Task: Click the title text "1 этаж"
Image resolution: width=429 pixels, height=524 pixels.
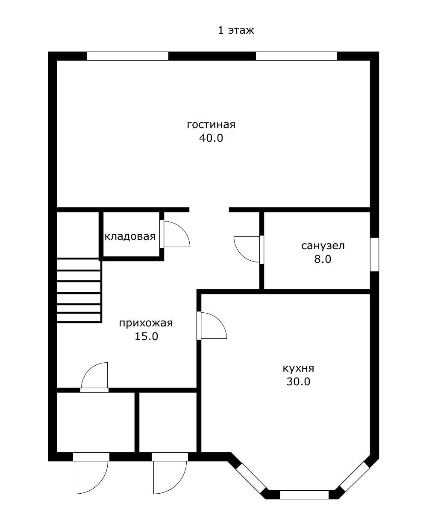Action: pyautogui.click(x=236, y=30)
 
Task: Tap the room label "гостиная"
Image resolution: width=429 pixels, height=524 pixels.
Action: pyautogui.click(x=211, y=124)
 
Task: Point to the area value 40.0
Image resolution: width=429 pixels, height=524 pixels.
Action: pyautogui.click(x=211, y=138)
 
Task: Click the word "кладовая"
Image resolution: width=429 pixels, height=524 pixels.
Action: pyautogui.click(x=130, y=236)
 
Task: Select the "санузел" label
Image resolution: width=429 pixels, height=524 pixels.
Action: pyautogui.click(x=323, y=246)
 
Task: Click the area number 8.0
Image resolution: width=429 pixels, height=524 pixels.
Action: pyautogui.click(x=323, y=259)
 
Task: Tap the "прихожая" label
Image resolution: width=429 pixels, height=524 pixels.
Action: pyautogui.click(x=146, y=323)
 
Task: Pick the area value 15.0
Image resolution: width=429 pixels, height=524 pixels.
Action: pyautogui.click(x=146, y=337)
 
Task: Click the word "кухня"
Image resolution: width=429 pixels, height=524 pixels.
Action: pyautogui.click(x=298, y=368)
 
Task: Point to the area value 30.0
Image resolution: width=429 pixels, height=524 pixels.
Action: pyautogui.click(x=298, y=382)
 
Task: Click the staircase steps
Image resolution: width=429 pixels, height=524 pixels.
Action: pyautogui.click(x=79, y=291)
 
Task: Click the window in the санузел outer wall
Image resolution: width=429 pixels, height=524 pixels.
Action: pyautogui.click(x=374, y=254)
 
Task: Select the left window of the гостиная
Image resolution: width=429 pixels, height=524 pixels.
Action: pyautogui.click(x=128, y=56)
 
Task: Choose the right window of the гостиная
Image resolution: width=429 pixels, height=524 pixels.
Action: pyautogui.click(x=297, y=56)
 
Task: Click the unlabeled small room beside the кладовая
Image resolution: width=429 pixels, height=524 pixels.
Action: pyautogui.click(x=78, y=235)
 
